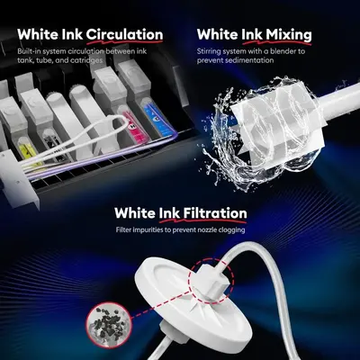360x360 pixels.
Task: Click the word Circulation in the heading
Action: (124, 34)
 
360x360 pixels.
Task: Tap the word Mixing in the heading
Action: (289, 35)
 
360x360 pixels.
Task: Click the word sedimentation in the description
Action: (244, 60)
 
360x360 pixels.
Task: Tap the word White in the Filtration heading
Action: (135, 213)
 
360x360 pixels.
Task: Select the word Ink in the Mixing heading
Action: (253, 35)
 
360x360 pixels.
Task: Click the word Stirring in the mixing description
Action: (209, 51)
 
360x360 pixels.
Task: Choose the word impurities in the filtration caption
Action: (145, 230)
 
